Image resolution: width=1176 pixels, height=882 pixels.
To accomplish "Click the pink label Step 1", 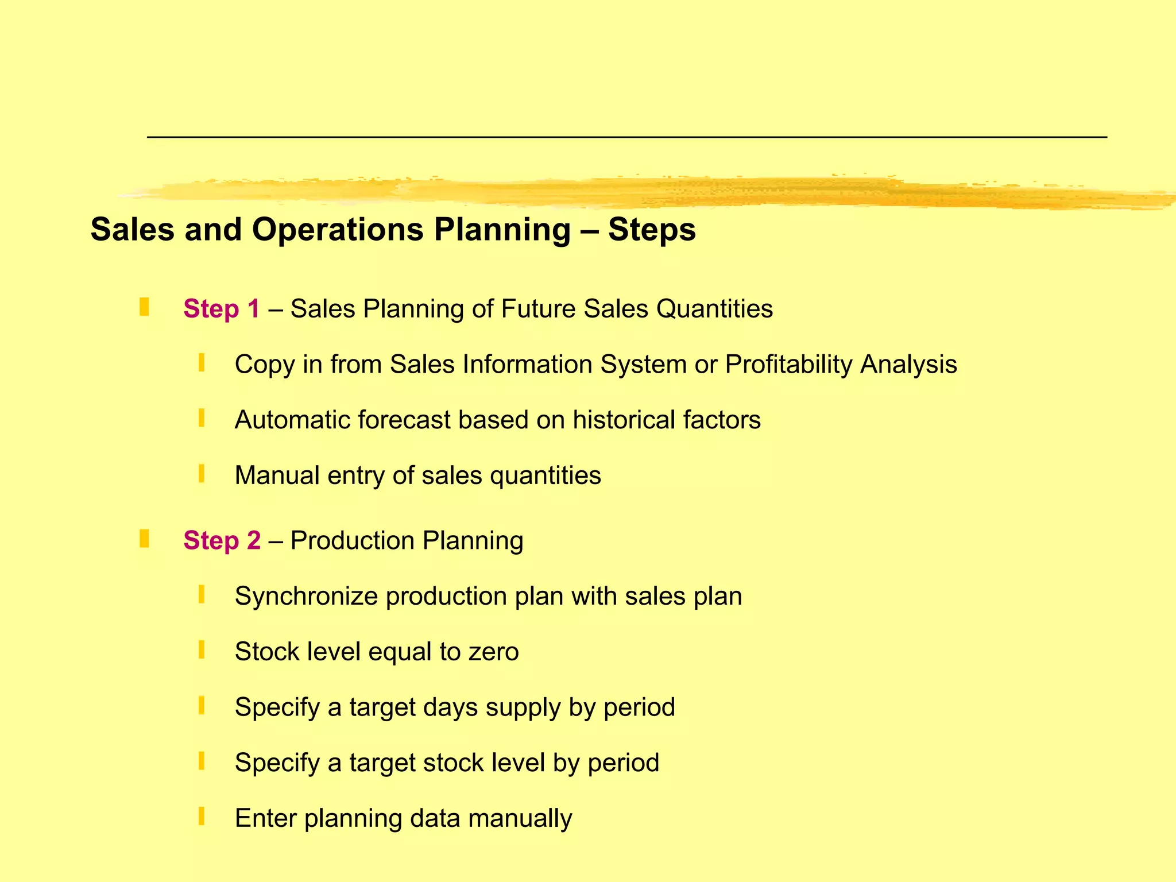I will coord(221,309).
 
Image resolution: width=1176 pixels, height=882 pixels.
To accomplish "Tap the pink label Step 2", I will coord(222,541).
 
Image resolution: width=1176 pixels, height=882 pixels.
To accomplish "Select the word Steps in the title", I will coord(652,230).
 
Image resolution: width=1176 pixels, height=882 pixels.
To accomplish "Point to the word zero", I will coord(493,652).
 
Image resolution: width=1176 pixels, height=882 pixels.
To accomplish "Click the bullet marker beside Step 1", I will coord(144,307).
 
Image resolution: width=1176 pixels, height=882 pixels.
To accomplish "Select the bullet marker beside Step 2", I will coord(144,539).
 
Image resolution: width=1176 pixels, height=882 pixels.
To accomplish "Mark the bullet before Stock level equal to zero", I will coord(202,650).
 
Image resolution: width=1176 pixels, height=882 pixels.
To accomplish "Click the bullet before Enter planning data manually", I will coord(202,816).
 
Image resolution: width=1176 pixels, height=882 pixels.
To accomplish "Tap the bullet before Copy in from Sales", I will coord(202,362).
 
